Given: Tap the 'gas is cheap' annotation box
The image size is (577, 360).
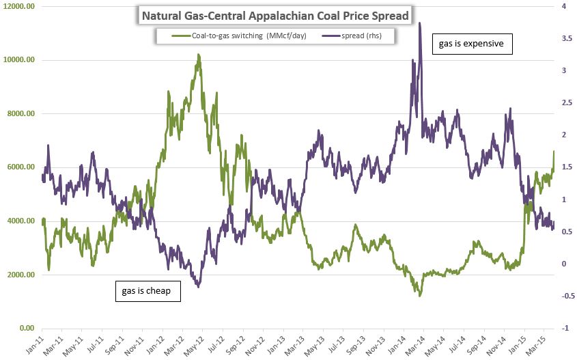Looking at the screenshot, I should (x=147, y=291).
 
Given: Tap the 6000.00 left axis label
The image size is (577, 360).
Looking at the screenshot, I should (x=20, y=167).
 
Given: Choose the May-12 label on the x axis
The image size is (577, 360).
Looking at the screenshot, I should (x=199, y=342).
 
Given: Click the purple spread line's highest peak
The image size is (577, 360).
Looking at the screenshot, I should (x=419, y=23).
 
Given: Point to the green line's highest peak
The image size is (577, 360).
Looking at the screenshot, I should (x=199, y=55).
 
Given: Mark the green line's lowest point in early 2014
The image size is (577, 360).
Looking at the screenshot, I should (x=420, y=295).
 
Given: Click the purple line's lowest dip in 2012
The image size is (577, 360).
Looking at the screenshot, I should (x=198, y=287).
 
